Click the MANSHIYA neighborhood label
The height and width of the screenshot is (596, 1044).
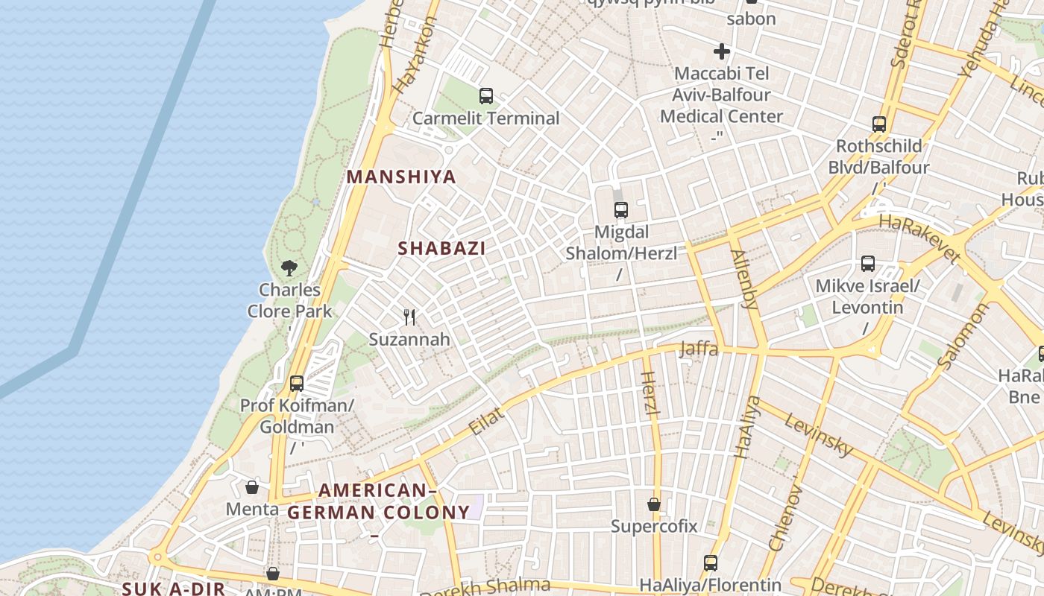coord(401,177)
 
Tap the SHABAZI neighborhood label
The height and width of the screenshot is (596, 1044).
coord(441,249)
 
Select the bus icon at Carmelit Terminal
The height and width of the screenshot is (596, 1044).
coord(486,96)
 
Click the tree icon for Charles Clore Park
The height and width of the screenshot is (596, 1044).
coord(289,267)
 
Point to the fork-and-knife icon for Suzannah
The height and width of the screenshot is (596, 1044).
coord(409,317)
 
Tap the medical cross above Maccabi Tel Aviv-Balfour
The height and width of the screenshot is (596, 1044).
coord(721,51)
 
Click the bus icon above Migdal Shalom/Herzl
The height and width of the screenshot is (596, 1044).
coord(621,210)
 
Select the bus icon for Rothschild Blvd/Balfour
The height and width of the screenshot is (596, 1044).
coord(879,124)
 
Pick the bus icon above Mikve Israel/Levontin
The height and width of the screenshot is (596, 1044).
coord(868,264)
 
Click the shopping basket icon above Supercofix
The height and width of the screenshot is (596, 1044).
coord(654,504)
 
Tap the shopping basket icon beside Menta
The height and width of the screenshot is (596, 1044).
coord(252,487)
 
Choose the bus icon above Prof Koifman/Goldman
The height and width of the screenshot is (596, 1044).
coord(297,384)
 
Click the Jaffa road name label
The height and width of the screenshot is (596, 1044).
coord(699,348)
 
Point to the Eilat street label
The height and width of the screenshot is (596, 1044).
coord(487,422)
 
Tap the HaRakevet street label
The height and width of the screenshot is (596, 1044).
coord(919,238)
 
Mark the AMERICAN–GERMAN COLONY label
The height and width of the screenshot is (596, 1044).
coord(378,501)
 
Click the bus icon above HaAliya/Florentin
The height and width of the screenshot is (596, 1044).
coord(711,563)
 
